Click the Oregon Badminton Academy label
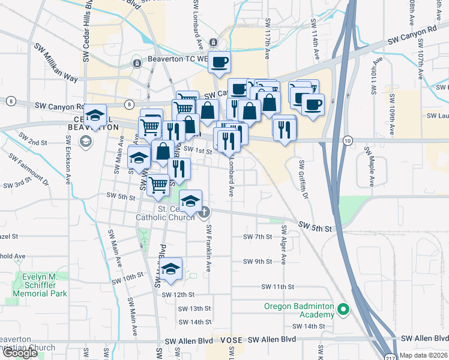pos(298,310)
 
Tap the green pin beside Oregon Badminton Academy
pos(343,310)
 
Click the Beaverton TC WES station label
pos(178,61)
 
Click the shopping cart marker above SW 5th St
pos(158,184)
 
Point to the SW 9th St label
pos(258,262)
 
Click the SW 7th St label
pos(258,237)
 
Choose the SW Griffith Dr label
pos(304,180)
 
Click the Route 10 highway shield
pos(348,140)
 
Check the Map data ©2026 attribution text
pos(423,355)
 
